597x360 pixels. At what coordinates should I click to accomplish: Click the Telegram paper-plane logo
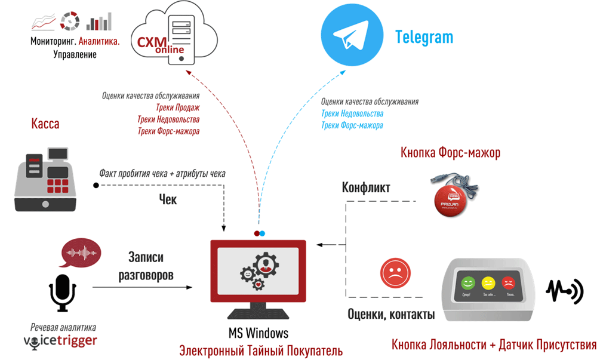point(350,38)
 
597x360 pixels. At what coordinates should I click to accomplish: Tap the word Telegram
point(424,37)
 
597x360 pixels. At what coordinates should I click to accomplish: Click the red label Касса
point(45,124)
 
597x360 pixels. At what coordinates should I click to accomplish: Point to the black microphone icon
point(62,293)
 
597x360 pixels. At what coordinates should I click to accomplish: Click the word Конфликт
point(366,188)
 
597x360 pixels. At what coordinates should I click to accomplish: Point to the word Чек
point(168,199)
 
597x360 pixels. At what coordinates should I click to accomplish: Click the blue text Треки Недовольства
point(352,113)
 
